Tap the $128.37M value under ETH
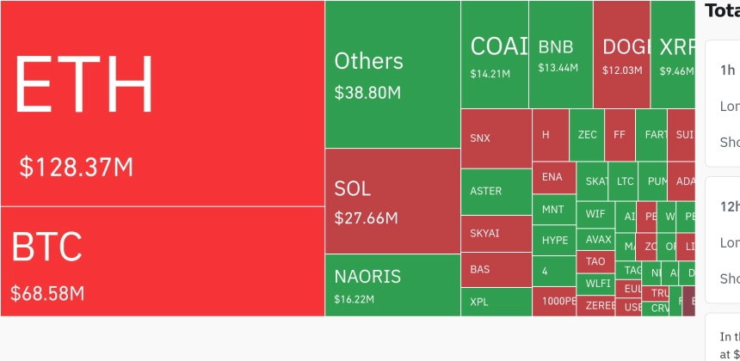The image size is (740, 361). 77,167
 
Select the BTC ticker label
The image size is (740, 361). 46,247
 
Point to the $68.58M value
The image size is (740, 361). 47,293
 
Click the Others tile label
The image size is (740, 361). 368,61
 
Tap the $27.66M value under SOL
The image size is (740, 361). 366,217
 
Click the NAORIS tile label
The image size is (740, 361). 367,277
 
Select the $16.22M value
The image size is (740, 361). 354,300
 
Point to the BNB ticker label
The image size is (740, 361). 555,46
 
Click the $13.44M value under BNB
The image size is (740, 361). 558,68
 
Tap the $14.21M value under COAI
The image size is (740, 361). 490,74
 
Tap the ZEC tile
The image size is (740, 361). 587,135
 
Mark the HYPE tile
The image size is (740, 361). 555,241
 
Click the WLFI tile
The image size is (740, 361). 596,283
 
